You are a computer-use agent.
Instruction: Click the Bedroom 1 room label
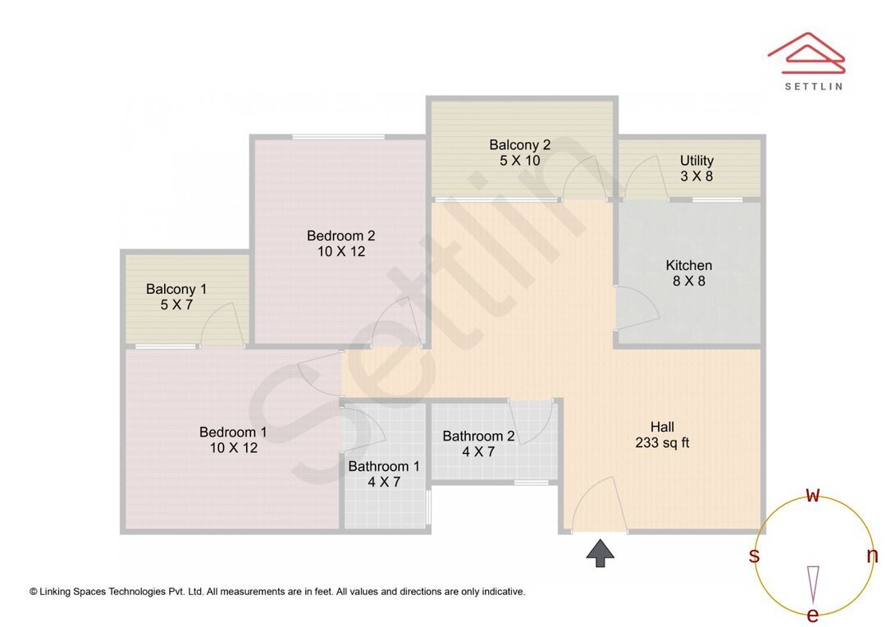point(233,432)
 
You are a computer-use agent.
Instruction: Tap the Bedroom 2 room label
point(340,236)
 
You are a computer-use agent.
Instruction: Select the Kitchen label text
point(688,265)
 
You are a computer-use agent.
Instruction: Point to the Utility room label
point(696,161)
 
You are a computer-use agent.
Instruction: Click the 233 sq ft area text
point(662,443)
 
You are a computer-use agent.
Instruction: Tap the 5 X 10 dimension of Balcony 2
point(520,161)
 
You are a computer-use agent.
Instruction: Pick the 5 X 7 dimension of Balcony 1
point(176,304)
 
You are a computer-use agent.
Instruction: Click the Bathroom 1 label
point(383,466)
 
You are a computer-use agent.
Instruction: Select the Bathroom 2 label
point(478,436)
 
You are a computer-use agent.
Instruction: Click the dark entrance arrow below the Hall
point(601,553)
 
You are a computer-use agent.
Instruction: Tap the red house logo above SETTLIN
point(806,51)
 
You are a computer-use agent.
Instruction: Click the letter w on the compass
point(813,495)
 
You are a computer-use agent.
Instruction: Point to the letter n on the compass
point(872,556)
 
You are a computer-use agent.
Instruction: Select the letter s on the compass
point(754,556)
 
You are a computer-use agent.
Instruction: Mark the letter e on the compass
point(813,615)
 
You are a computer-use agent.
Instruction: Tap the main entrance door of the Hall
point(599,505)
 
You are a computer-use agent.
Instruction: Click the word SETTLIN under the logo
point(813,85)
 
